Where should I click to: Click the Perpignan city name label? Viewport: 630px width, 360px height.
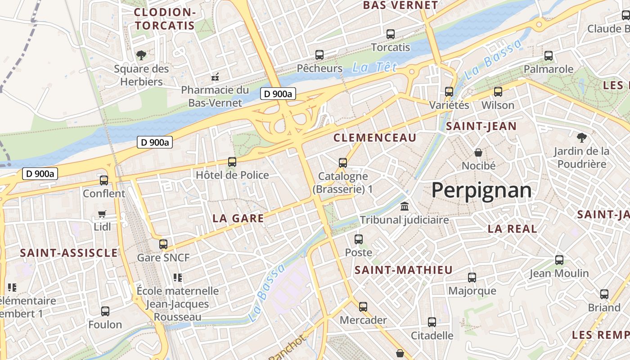481,190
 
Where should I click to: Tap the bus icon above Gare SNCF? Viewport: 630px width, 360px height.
163,244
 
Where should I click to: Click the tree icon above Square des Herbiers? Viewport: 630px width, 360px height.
141,55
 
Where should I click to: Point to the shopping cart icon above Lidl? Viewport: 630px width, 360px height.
102,214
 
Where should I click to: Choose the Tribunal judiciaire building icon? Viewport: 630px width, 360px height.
405,207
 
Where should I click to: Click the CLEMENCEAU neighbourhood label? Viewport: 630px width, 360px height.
375,138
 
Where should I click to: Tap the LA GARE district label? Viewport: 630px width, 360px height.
238,218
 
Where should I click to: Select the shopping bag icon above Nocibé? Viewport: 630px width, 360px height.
478,153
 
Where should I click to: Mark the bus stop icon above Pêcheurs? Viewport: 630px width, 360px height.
319,55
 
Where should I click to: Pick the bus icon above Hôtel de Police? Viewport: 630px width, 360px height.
232,162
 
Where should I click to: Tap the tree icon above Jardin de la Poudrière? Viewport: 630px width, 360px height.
581,137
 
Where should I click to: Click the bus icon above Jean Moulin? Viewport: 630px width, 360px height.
559,260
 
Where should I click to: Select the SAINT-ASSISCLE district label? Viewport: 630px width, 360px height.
69,253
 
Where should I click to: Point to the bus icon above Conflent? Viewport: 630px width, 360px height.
104,180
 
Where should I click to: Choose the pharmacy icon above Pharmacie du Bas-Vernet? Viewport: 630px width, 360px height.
215,76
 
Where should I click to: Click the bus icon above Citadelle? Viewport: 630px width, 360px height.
432,322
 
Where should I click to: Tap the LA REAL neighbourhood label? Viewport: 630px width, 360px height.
512,229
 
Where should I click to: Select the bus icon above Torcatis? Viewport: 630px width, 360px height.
391,34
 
